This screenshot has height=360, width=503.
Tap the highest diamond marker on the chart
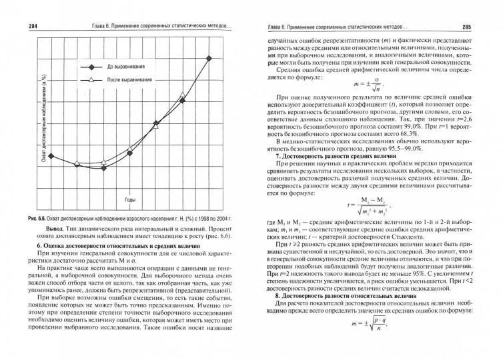point(209,59)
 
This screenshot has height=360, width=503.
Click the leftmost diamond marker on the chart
point(51,156)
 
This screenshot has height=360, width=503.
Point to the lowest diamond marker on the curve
point(104,168)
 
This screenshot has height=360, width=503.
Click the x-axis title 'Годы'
point(131,199)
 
